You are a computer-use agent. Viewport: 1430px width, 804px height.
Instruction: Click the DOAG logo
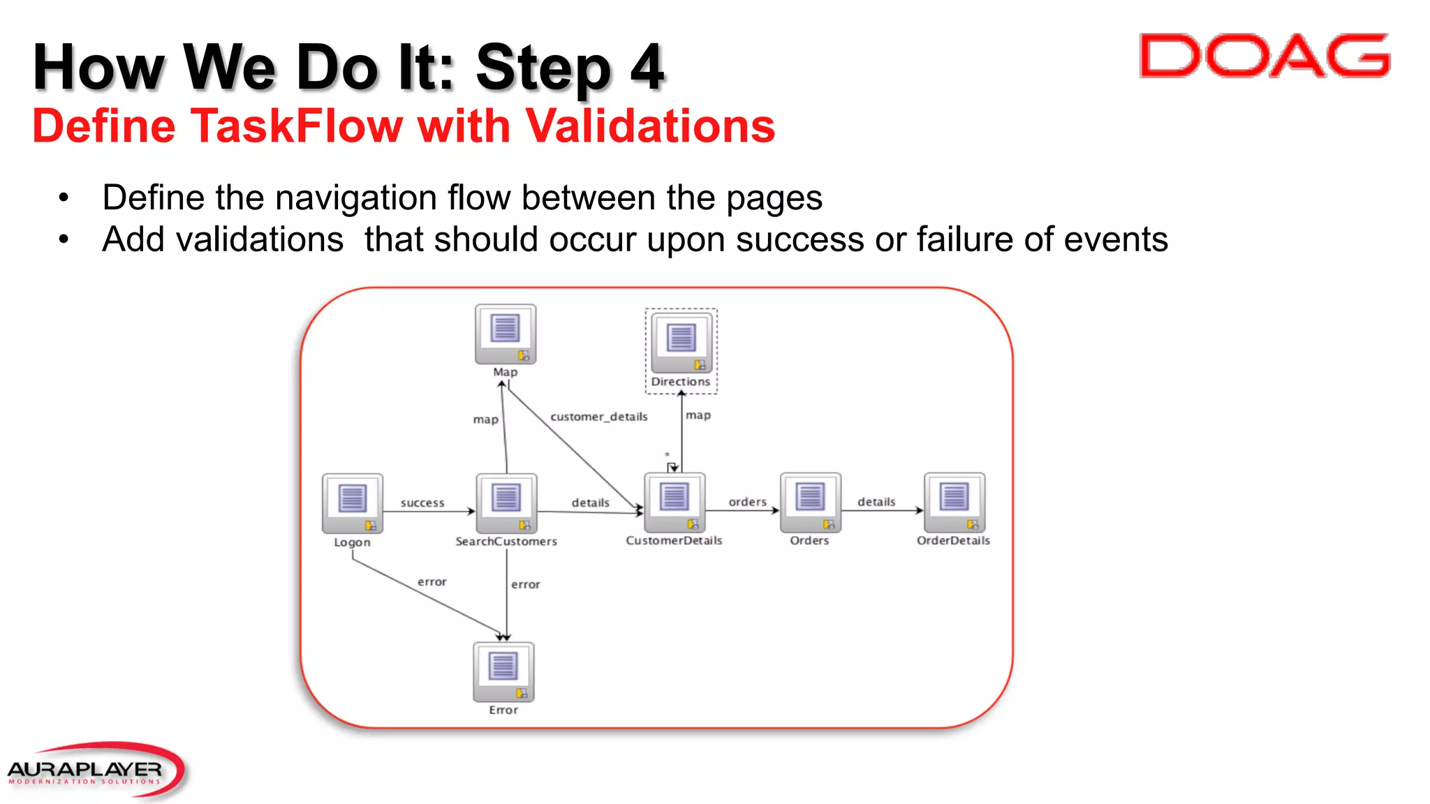[x=1265, y=56]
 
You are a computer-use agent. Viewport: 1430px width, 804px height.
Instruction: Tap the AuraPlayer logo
[x=94, y=770]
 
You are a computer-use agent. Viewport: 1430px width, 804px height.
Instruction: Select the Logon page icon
[x=352, y=503]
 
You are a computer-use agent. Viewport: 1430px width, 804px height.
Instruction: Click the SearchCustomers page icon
[x=506, y=503]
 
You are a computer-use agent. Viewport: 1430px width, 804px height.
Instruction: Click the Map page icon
[x=506, y=334]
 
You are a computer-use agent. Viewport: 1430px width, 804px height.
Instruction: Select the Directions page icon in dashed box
[x=681, y=343]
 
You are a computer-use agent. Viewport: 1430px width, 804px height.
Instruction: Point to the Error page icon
[x=503, y=672]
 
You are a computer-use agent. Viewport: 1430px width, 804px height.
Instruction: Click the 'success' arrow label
[x=422, y=502]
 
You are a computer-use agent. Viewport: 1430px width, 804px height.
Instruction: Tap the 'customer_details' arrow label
[x=599, y=417]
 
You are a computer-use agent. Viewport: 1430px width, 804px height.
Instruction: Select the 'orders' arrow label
[x=747, y=502]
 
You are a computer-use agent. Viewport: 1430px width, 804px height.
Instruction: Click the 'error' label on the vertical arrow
[x=525, y=585]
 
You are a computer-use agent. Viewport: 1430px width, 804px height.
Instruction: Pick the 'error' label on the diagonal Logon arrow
[x=432, y=582]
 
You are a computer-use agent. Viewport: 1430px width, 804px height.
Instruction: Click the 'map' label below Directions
[x=698, y=415]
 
